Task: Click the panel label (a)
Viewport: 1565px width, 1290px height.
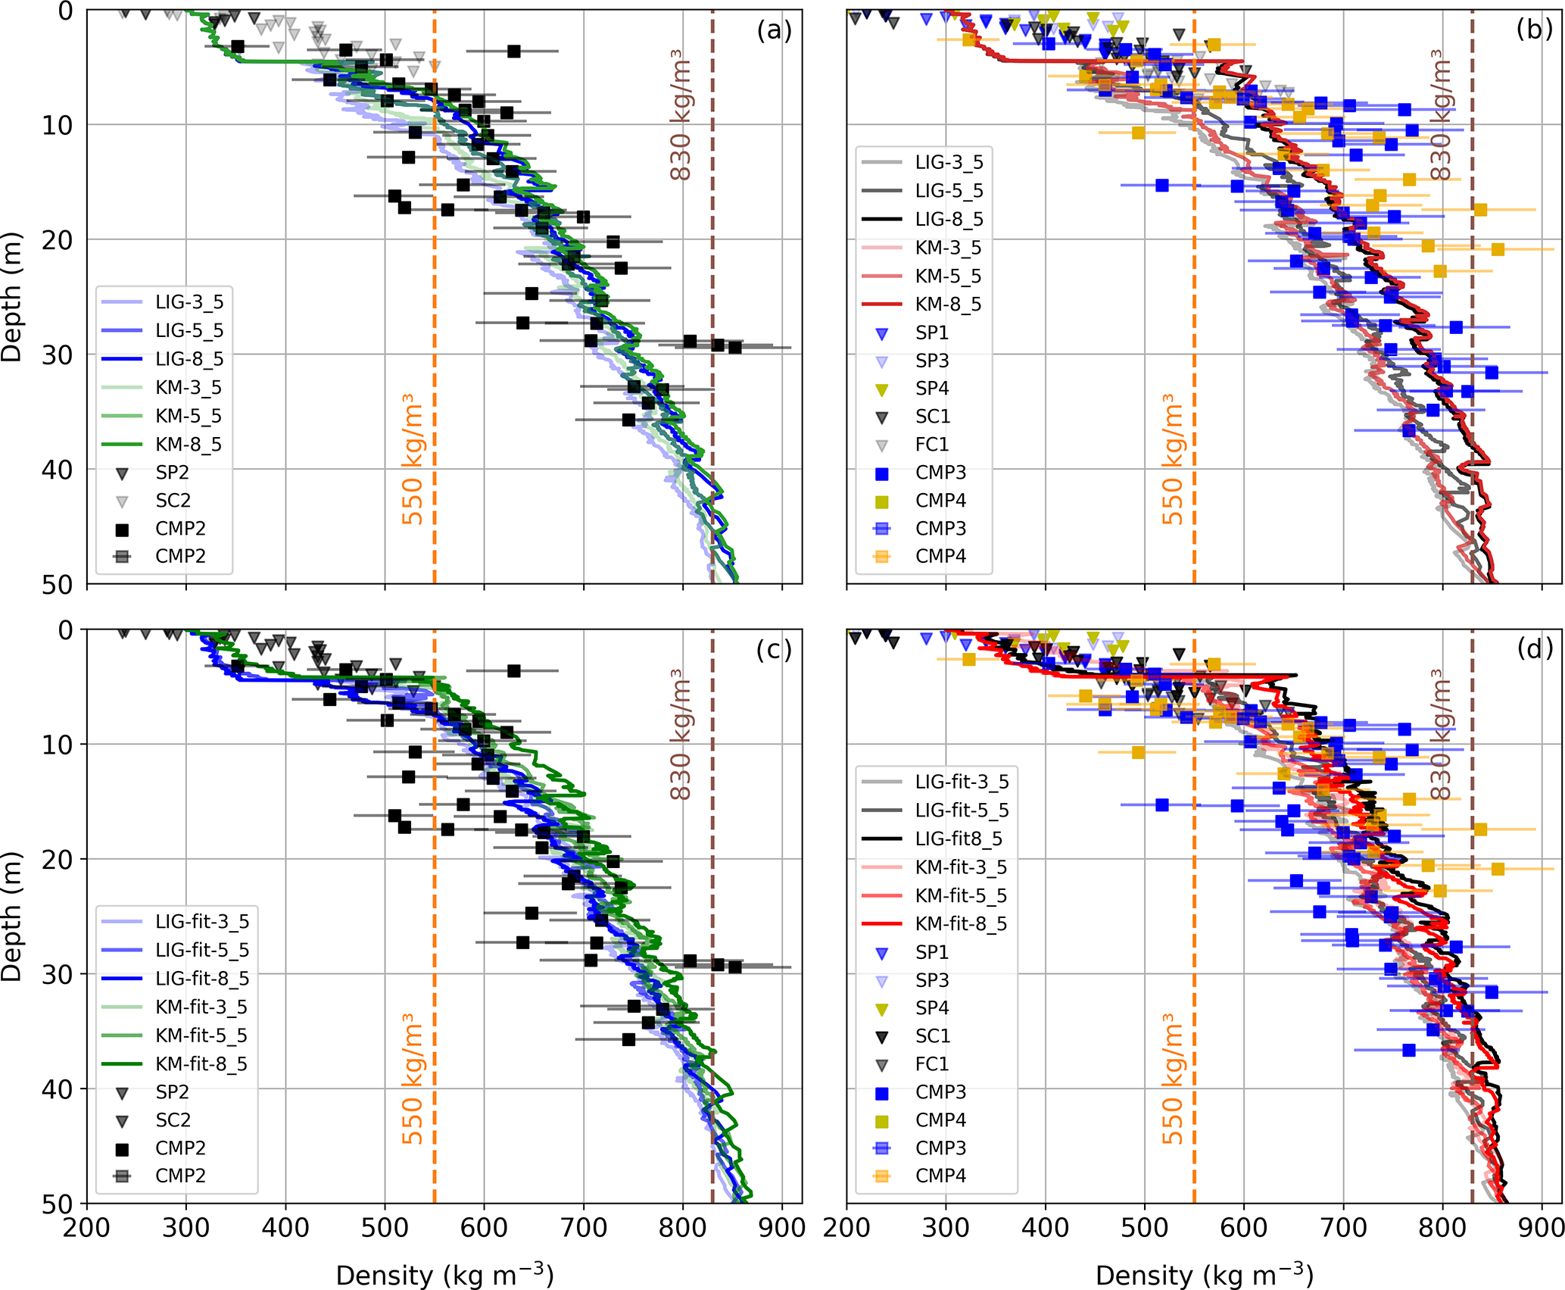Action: tap(774, 30)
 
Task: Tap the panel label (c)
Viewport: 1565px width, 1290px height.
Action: tap(774, 650)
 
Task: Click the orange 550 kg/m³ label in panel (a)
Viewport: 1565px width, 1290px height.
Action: tap(412, 459)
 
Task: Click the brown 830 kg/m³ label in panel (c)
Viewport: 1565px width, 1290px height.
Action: tap(681, 734)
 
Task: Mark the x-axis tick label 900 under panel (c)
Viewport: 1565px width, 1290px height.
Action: tap(781, 1228)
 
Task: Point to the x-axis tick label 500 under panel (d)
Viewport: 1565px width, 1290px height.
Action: tap(1144, 1228)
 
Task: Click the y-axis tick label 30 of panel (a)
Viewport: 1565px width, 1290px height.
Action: tap(57, 355)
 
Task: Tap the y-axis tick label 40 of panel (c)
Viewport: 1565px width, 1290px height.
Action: tap(57, 1089)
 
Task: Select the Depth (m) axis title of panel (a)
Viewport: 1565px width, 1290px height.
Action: tap(12, 297)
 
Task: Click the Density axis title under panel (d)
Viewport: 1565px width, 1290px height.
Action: tap(1204, 1274)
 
